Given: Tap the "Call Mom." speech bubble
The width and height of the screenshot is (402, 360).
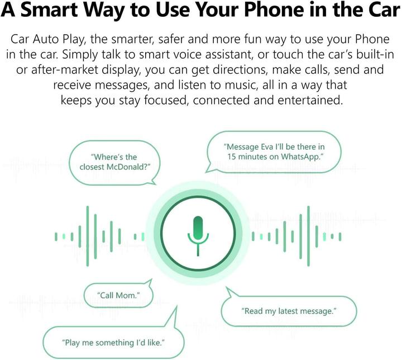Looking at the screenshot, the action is pyautogui.click(x=118, y=295).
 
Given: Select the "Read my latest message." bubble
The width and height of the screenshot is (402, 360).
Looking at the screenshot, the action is pyautogui.click(x=289, y=311).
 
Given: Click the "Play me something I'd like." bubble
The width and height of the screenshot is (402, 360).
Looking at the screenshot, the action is pyautogui.click(x=113, y=342).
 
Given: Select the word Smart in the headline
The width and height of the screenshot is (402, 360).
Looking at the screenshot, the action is pyautogui.click(x=49, y=10).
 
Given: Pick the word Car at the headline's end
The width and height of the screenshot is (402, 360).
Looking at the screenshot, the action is pyautogui.click(x=384, y=10).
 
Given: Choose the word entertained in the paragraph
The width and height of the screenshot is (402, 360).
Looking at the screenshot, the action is pyautogui.click(x=310, y=100).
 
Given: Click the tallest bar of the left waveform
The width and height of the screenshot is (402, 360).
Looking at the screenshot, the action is pyautogui.click(x=88, y=236).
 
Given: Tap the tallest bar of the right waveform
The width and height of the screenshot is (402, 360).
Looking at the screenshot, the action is pyautogui.click(x=308, y=236).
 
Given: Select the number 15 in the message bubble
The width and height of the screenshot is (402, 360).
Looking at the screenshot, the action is pyautogui.click(x=232, y=157).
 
